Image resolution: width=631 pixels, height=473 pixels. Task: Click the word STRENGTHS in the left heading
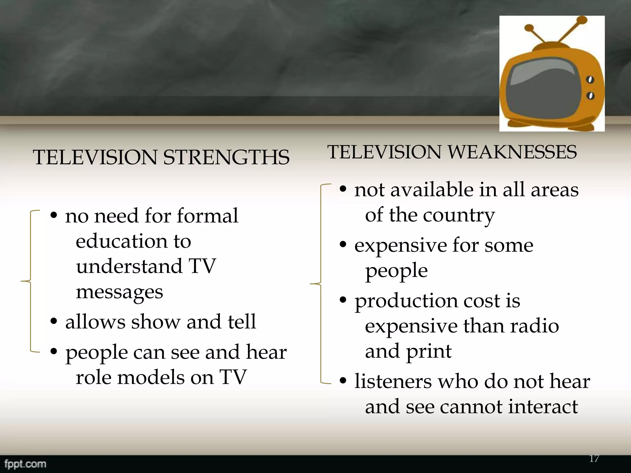(x=226, y=157)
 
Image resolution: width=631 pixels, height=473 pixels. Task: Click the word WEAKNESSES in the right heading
(x=512, y=152)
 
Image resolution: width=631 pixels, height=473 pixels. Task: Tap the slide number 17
(x=594, y=459)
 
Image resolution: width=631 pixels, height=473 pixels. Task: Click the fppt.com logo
(x=25, y=464)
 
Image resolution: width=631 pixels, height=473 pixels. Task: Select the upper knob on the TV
(x=590, y=80)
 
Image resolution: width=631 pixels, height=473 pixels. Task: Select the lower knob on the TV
(x=590, y=95)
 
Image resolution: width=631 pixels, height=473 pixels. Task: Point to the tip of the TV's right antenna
(x=582, y=20)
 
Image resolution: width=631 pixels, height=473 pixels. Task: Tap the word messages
(x=119, y=292)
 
